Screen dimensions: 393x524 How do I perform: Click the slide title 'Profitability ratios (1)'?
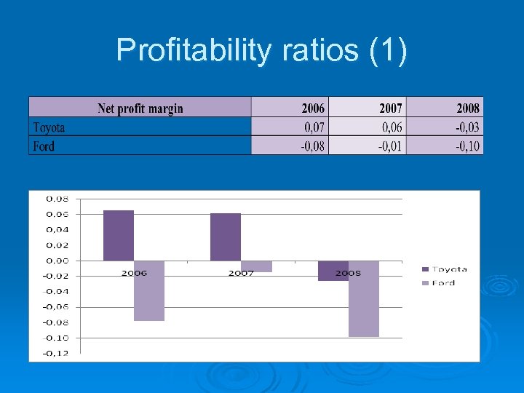click(x=262, y=50)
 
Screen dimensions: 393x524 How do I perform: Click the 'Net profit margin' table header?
click(x=140, y=108)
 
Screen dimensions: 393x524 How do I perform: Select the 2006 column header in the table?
click(x=313, y=108)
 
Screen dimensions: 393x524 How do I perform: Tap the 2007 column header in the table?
click(x=390, y=108)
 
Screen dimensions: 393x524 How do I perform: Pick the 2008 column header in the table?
click(x=468, y=108)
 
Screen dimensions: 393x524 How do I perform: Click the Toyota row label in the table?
click(x=49, y=127)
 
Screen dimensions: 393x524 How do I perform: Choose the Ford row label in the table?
click(x=44, y=146)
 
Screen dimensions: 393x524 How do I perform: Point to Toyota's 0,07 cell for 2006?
click(x=314, y=127)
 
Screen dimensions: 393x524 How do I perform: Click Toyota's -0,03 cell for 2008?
click(x=467, y=127)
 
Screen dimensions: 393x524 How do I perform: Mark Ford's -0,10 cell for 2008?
click(x=467, y=146)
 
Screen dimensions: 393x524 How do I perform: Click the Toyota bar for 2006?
click(x=119, y=235)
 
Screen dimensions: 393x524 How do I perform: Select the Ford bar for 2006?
click(x=149, y=290)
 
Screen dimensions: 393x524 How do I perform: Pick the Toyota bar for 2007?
click(x=226, y=237)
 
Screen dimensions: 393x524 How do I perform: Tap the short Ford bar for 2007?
click(x=256, y=266)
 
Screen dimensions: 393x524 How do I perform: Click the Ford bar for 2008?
click(x=364, y=298)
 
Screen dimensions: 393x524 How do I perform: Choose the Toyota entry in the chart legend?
click(x=448, y=269)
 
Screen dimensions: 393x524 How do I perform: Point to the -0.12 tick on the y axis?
click(x=57, y=353)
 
